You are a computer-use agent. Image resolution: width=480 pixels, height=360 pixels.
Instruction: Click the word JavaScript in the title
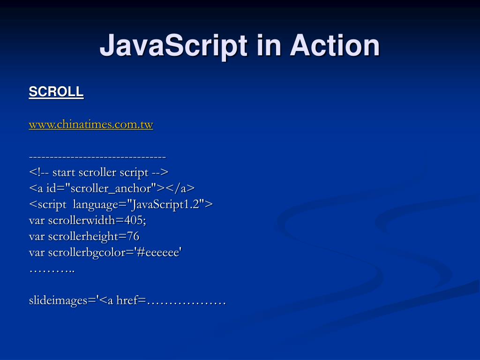[173, 46]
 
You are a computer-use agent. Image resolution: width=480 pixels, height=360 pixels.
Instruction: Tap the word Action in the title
[335, 46]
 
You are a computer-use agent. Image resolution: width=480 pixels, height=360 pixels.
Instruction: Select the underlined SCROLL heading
[56, 92]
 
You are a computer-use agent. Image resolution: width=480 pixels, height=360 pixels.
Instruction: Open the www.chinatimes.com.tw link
[91, 125]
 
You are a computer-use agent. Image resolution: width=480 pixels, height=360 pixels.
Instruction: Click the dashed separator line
[97, 157]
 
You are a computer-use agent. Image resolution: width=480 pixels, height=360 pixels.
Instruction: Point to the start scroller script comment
[98, 172]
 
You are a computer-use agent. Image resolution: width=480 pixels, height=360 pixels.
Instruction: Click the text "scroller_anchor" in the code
[113, 188]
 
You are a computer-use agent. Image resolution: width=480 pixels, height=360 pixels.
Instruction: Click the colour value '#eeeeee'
[158, 252]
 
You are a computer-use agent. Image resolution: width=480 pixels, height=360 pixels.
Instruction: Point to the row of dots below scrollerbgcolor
[52, 270]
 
